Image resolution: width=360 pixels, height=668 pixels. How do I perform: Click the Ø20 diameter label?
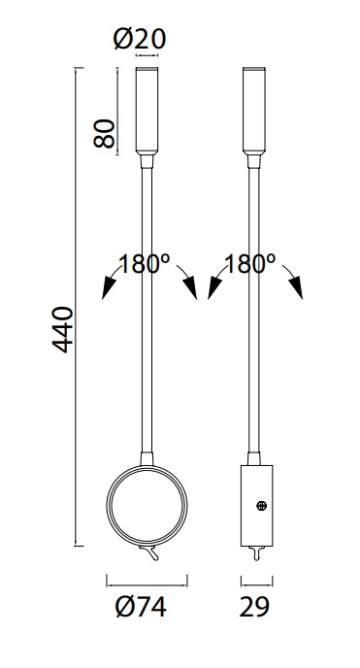point(140,39)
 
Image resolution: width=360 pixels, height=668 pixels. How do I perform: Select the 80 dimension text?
point(105,133)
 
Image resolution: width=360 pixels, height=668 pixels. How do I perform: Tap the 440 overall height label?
point(63,329)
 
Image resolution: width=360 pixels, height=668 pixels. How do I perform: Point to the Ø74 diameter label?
point(141,607)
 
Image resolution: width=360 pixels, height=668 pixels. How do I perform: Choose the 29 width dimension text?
point(254,607)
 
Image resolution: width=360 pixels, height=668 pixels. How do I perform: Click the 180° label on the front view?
point(144,264)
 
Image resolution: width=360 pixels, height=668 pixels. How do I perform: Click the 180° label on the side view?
point(249,264)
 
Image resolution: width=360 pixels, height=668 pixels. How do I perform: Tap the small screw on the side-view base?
point(262,506)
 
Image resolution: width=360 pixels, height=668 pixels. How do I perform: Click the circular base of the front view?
point(107,505)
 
